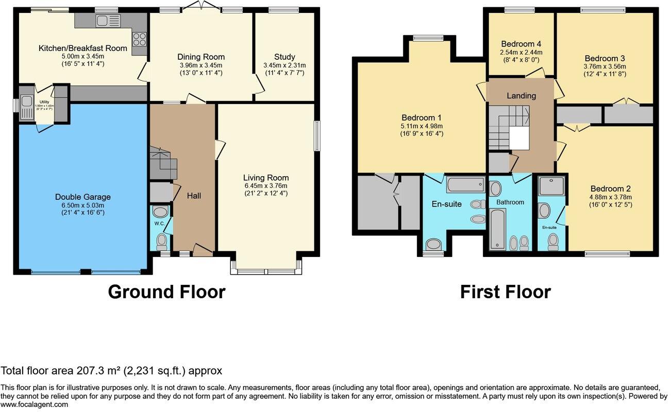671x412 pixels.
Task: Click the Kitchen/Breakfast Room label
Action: click(82, 48)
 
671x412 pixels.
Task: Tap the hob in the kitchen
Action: click(140, 39)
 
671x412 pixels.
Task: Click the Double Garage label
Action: click(82, 197)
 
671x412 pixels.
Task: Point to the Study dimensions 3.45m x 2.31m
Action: click(284, 65)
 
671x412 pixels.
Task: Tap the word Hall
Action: click(194, 196)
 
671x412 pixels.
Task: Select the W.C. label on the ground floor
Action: click(159, 224)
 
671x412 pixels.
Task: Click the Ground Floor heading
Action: click(166, 292)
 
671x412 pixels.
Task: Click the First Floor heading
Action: click(505, 292)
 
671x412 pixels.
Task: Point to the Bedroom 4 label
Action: click(521, 44)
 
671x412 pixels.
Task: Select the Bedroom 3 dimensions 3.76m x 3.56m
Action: click(605, 66)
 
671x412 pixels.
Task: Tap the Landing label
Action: click(521, 95)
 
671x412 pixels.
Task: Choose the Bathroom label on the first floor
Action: click(510, 202)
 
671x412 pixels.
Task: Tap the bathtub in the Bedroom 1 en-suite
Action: click(465, 184)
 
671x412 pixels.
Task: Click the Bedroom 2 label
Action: click(610, 188)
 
